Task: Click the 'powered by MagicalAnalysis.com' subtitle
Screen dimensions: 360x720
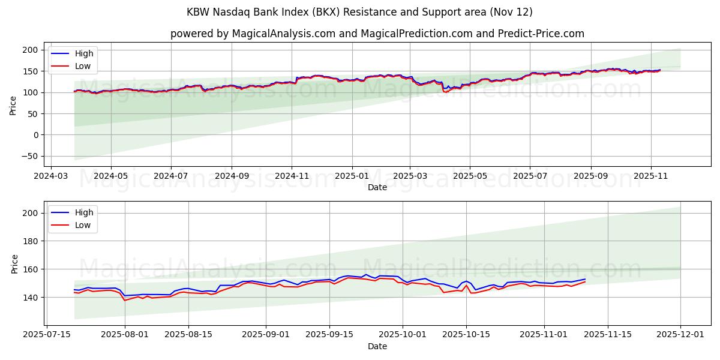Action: pyautogui.click(x=377, y=34)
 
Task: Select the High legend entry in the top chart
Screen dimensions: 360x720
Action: pyautogui.click(x=83, y=53)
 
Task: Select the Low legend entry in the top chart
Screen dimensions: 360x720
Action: pyautogui.click(x=83, y=66)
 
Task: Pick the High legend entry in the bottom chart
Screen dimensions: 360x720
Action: pyautogui.click(x=83, y=212)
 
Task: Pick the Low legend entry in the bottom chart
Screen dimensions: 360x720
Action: pyautogui.click(x=83, y=225)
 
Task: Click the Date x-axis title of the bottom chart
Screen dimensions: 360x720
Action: pyautogui.click(x=377, y=347)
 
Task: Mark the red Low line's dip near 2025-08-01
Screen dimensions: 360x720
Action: pyautogui.click(x=125, y=300)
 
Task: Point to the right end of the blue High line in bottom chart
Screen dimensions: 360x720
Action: pyautogui.click(x=585, y=279)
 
